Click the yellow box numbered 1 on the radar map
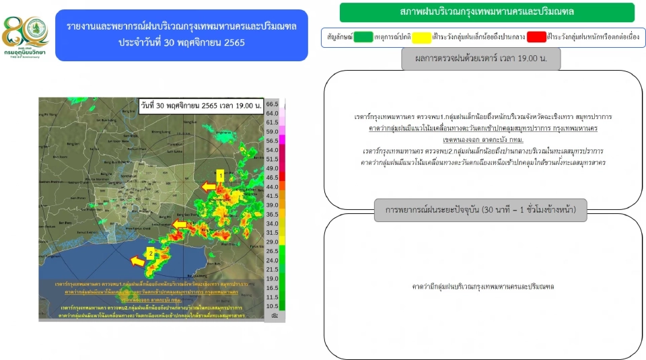click(219, 175)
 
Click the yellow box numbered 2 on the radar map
click(151, 253)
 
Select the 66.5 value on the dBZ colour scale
click(272, 104)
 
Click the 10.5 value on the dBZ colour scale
click(272, 305)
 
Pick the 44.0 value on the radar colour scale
click(272, 186)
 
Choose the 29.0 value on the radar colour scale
click(272, 242)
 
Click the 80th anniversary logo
click(26, 34)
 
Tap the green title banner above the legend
click(487, 12)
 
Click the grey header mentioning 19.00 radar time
click(480, 59)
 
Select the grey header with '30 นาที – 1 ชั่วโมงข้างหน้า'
click(480, 210)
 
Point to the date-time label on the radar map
click(201, 106)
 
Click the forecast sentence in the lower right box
click(480, 287)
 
